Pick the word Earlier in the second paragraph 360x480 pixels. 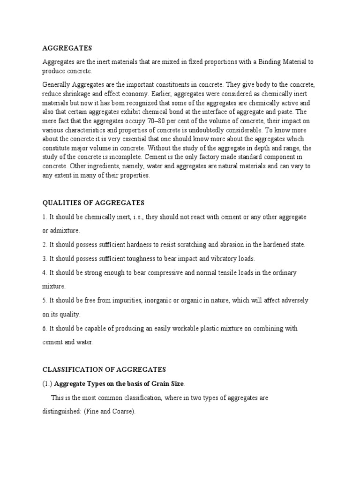point(150,93)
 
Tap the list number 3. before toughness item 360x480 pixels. point(45,258)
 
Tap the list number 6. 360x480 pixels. point(45,329)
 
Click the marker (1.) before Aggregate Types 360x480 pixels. point(47,383)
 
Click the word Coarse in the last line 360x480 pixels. point(121,412)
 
